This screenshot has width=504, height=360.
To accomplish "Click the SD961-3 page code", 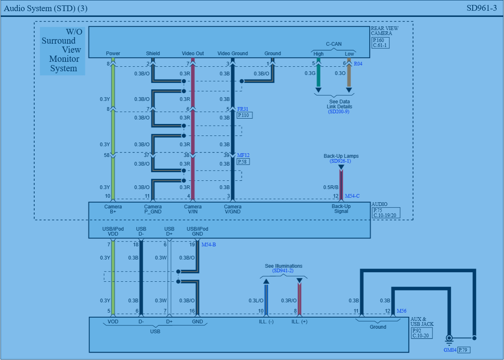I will point(481,8).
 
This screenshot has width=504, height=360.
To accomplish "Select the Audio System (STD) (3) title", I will point(46,8).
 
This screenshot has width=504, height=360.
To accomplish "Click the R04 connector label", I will point(358,64).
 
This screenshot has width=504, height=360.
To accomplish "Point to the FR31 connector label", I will point(243,109).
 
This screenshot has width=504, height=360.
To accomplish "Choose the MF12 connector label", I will point(243,155).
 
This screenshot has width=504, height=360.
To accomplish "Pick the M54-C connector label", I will point(352,196).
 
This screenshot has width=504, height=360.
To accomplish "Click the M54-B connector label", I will point(209,245).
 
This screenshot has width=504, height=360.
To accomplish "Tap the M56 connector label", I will point(401,311).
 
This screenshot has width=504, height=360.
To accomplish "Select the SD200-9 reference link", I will point(338,112).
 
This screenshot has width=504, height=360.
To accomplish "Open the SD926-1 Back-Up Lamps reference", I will point(341,161).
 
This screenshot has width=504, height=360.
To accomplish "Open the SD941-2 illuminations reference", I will point(283,271).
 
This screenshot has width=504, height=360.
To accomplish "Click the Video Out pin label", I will point(193,54).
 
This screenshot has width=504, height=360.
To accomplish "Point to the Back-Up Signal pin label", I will point(341,209).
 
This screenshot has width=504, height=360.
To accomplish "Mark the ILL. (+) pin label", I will point(299,322).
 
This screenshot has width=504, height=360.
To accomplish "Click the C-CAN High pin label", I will point(319,54).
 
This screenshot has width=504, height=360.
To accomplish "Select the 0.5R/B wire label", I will point(331,187).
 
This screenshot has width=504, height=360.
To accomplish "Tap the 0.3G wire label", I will point(310,73).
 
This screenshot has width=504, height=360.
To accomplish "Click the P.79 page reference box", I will point(464,350).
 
